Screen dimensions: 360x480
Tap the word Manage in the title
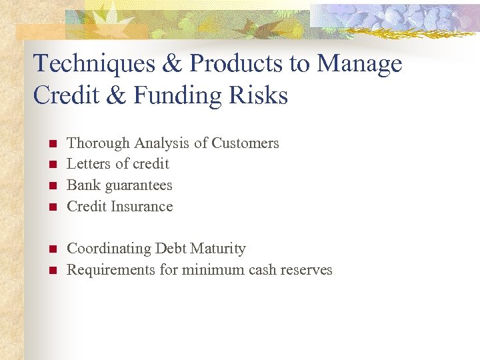[360, 64]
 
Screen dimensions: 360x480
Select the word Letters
[87, 164]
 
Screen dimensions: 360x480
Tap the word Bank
[82, 185]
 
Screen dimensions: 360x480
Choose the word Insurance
[142, 207]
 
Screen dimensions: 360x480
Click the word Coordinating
[109, 249]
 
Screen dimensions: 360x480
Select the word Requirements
[110, 270]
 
